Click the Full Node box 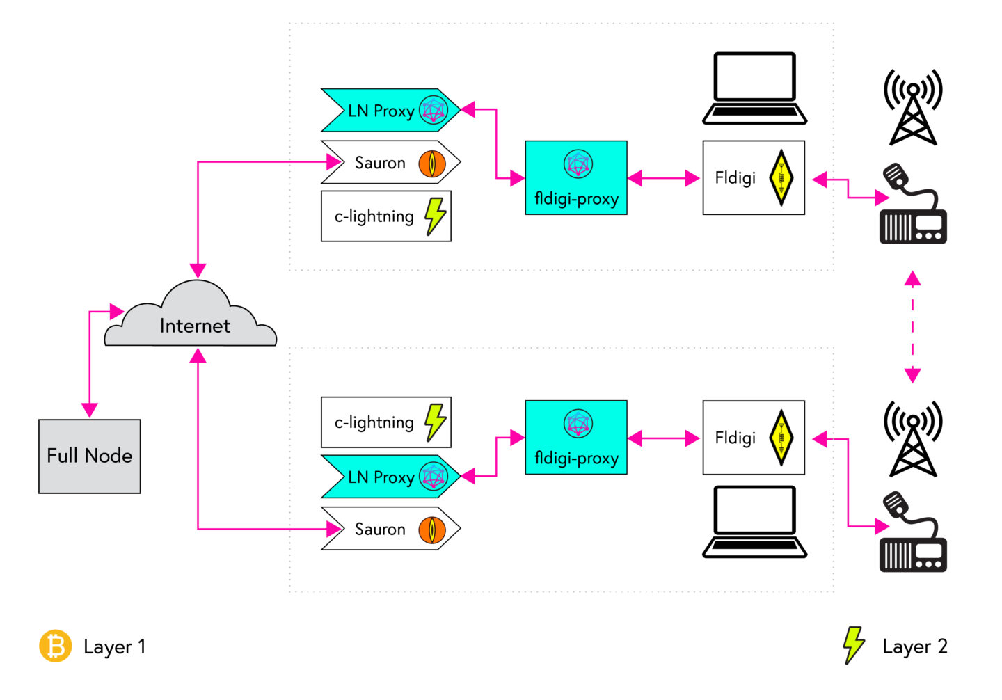(89, 456)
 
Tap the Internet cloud (191, 319)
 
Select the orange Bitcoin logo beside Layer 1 (55, 646)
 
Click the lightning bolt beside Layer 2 (853, 645)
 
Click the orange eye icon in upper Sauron (431, 163)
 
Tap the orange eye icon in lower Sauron (431, 530)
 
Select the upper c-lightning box (385, 216)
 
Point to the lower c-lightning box (385, 422)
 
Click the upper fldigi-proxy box (576, 178)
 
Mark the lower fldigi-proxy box (576, 438)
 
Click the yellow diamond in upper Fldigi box (781, 178)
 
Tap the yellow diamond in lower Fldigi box (781, 438)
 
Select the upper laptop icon (754, 88)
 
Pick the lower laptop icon (754, 522)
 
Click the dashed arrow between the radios (912, 327)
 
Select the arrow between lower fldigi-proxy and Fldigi (664, 438)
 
